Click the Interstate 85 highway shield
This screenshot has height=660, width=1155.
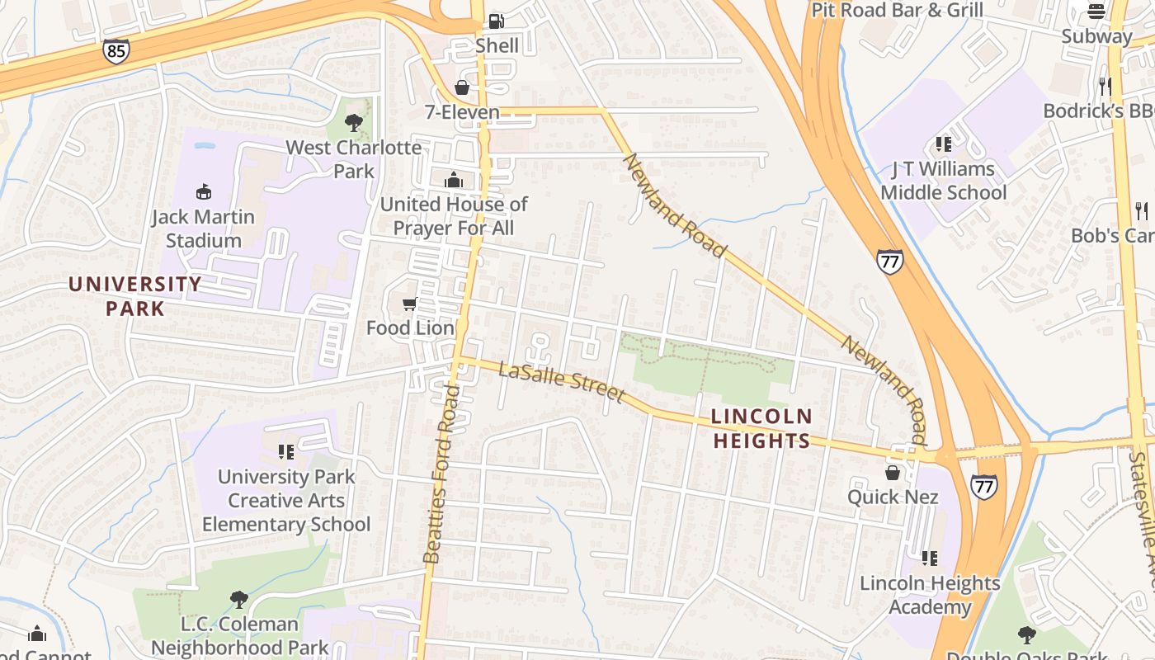116,51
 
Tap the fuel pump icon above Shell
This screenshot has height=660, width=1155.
496,21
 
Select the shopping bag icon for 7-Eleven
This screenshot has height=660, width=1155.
462,87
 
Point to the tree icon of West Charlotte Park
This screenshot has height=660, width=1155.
354,123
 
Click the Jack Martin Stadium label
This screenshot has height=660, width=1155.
203,229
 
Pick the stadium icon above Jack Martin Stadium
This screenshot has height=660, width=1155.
203,192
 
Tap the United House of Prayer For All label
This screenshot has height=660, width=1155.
454,215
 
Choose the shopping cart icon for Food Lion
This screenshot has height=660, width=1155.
409,304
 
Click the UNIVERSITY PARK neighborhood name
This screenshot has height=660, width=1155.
134,296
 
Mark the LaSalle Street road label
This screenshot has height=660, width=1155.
562,381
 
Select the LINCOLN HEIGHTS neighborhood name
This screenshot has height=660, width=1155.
761,428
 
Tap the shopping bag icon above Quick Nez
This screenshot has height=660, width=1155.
893,473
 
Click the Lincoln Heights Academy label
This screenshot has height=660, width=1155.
930,595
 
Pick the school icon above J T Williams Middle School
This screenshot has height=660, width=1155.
944,144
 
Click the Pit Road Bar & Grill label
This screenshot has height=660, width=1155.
898,10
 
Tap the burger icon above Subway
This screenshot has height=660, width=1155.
1096,12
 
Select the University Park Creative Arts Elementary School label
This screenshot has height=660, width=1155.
286,500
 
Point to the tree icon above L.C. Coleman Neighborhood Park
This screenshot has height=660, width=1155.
239,599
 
